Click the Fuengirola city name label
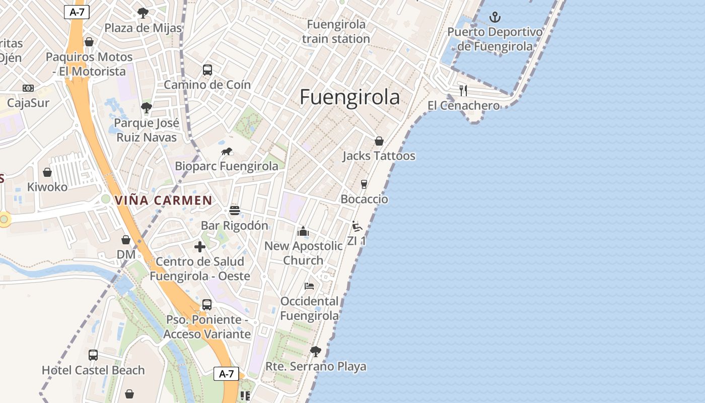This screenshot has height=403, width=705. (349, 97)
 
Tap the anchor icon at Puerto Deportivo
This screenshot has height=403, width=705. (496, 18)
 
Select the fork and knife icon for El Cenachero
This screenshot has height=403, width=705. (463, 91)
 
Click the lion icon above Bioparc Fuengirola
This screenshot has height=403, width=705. (227, 151)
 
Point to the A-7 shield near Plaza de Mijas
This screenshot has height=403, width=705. (77, 12)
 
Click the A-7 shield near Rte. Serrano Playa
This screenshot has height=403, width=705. (226, 374)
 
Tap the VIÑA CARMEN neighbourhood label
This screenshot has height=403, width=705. (164, 200)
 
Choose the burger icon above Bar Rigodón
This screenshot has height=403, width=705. (235, 211)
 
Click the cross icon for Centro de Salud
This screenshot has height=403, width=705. (200, 247)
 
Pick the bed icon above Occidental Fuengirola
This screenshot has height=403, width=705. (309, 286)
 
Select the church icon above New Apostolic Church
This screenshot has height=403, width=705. (303, 231)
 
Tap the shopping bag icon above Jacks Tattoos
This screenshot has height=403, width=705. (379, 141)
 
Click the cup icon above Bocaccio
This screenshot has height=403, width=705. (364, 184)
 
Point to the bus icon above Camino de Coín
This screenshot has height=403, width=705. (207, 70)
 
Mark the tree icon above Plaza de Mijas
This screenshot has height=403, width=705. (143, 13)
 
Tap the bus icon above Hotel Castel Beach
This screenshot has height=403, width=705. (93, 355)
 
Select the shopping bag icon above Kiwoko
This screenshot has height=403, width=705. (47, 172)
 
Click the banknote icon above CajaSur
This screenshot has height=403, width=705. (28, 88)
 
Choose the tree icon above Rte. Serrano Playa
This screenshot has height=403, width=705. (316, 351)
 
